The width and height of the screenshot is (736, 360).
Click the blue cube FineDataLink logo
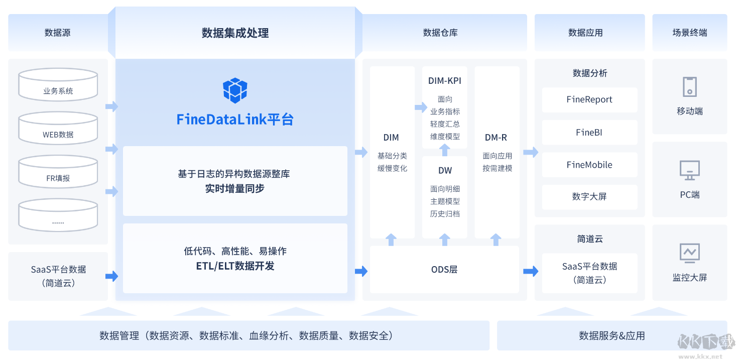tap(235, 90)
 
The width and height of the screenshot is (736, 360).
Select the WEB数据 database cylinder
tap(58, 128)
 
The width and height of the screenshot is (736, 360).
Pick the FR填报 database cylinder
tap(58, 172)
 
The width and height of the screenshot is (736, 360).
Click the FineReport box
tap(589, 99)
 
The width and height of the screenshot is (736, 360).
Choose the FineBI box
tap(589, 133)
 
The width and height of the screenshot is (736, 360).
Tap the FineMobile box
tap(589, 165)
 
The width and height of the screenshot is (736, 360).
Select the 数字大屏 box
tap(589, 197)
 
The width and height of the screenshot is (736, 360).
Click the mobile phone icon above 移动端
tap(689, 87)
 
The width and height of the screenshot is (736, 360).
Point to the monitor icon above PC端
tap(689, 170)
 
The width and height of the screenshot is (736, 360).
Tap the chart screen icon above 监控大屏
tap(689, 253)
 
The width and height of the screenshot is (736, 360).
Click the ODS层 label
tap(444, 270)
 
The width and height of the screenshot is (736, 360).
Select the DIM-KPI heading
tap(445, 81)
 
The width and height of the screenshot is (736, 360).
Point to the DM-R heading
tap(496, 138)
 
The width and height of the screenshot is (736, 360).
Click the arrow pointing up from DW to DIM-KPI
tap(445, 150)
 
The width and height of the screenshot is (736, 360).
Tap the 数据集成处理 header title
tap(235, 33)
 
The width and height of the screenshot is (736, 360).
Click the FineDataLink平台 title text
tap(235, 119)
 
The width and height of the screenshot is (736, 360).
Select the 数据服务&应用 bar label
tap(611, 336)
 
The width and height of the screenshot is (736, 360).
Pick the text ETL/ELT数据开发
tap(235, 266)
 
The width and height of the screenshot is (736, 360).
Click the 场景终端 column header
tap(689, 33)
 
